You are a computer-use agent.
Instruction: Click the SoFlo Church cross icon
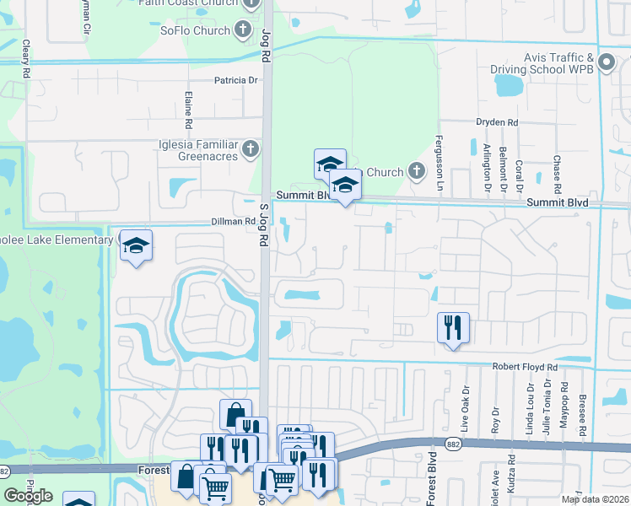243,31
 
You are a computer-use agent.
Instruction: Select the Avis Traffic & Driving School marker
606,62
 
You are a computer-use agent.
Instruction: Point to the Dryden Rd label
496,122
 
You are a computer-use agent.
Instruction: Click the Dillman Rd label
233,222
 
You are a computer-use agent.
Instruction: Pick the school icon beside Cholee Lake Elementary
136,245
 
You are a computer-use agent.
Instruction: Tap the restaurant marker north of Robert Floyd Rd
453,327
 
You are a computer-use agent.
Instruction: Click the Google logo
29,496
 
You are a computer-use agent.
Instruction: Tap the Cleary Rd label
26,55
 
